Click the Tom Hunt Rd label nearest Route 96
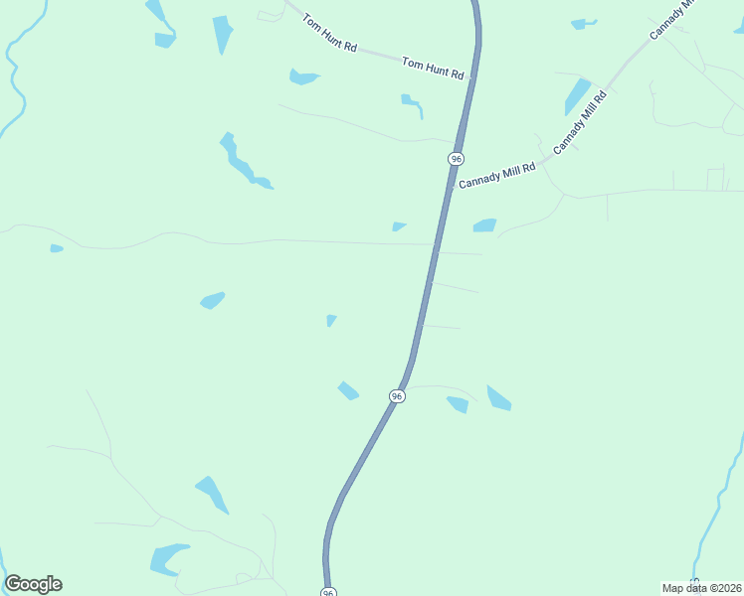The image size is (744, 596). point(433,69)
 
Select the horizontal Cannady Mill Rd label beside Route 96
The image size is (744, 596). point(496,176)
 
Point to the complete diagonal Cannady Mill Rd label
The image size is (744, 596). point(580,120)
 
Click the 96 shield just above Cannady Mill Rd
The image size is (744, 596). point(456,159)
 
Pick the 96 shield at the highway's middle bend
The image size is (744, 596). point(397,396)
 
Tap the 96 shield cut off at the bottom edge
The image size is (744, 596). point(328,591)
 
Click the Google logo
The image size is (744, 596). point(33,584)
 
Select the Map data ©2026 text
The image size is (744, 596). point(701,588)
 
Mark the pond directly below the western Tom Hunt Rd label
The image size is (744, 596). point(302,76)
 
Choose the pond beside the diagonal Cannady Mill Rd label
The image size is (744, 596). point(577,96)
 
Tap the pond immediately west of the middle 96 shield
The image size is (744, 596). point(347,390)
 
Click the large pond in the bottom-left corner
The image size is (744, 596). point(167,558)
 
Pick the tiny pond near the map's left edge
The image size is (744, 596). point(57,248)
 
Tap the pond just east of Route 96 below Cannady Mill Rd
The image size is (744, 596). point(484,225)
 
